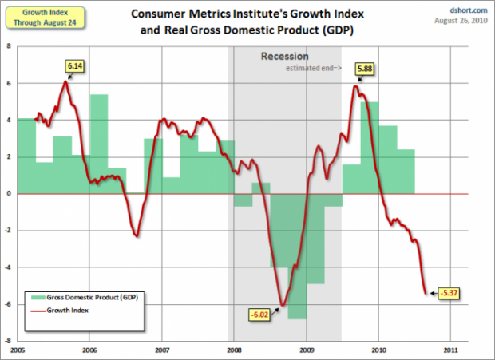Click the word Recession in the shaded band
[x=283, y=57]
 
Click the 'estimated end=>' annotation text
[x=314, y=69]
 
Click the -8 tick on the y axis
[x=8, y=340]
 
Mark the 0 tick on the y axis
[x=9, y=193]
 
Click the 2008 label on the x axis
[x=234, y=350]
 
